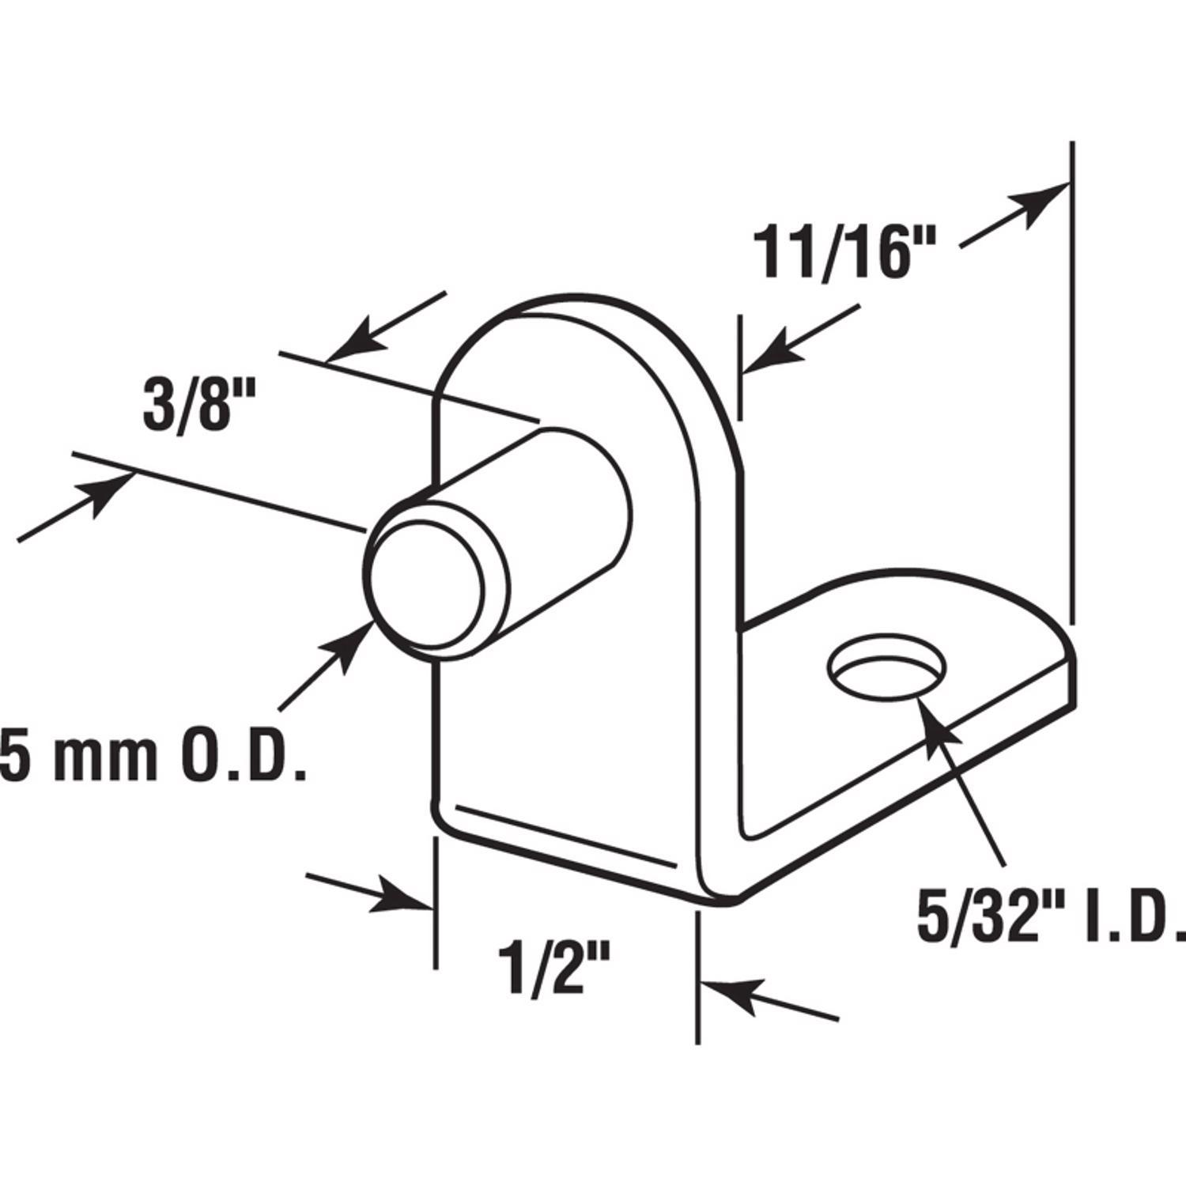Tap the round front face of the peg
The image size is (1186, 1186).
pos(427,574)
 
